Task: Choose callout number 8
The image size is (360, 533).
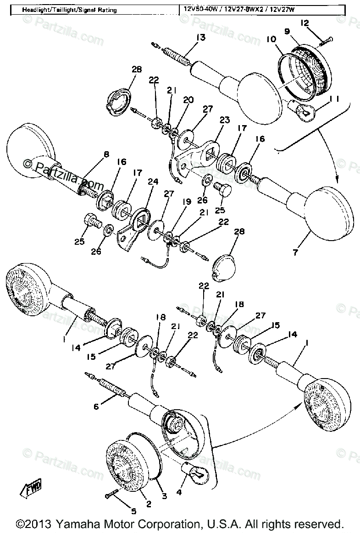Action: (106, 154)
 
